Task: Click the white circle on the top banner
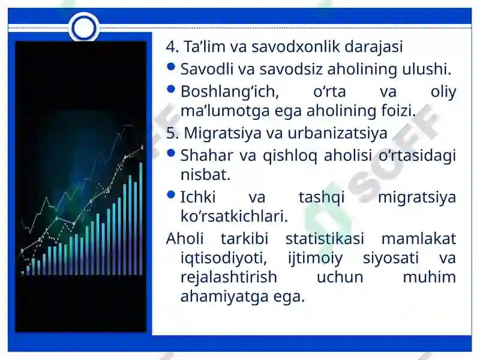(83, 28)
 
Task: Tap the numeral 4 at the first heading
(172, 47)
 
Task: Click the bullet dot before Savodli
(171, 67)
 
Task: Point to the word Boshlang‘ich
(230, 92)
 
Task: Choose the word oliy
(443, 92)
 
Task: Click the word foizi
(398, 110)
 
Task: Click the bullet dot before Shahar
(171, 153)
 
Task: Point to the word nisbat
(205, 175)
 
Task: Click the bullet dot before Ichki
(171, 194)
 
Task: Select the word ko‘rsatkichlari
(234, 216)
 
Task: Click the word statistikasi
(325, 238)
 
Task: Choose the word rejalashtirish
(229, 277)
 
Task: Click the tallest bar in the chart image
(141, 218)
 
